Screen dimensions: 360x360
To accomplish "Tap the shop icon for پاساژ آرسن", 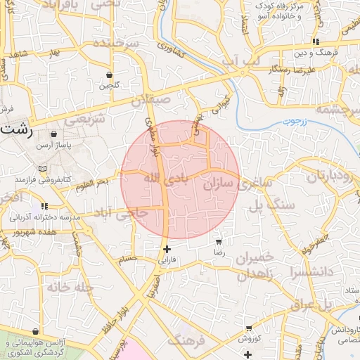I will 54,134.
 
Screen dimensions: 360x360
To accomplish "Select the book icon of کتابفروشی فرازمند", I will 44,169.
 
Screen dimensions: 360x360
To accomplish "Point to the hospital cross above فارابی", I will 167,248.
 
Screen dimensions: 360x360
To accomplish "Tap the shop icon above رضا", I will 220,240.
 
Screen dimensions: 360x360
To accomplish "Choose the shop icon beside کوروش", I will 248,328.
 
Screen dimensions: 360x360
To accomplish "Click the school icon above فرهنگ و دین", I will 316,41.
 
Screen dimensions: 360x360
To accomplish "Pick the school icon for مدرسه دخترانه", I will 44,206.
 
